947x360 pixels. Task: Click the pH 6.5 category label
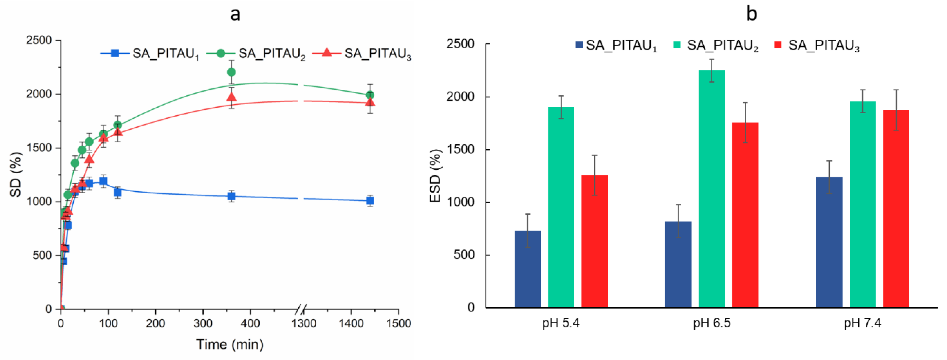tap(712, 323)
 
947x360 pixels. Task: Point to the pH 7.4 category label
tap(862, 323)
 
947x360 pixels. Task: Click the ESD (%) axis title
tap(435, 176)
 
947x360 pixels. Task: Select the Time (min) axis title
tap(230, 345)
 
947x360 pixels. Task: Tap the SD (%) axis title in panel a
tap(15, 174)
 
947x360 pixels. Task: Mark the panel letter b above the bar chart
tap(751, 14)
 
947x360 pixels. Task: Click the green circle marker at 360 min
tap(231, 72)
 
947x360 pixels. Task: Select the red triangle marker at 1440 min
tap(370, 102)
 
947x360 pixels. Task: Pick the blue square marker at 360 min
tap(231, 196)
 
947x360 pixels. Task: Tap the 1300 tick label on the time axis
tap(304, 324)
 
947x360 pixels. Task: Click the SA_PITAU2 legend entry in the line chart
tap(256, 54)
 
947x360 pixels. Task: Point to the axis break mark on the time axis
tap(301, 309)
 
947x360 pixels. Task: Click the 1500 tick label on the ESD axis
tap(460, 150)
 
